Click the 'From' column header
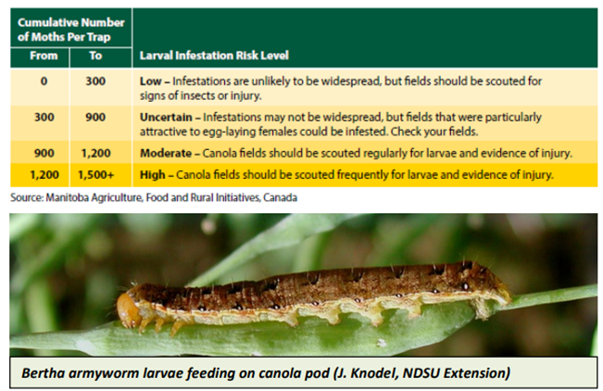tap(44, 56)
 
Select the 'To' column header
tap(95, 56)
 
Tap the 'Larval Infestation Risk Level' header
tap(214, 56)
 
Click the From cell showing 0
tap(44, 82)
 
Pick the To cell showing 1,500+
tap(96, 175)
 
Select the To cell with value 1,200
tap(96, 153)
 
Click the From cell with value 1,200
tap(44, 175)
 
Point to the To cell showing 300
tap(95, 82)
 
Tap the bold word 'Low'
tap(150, 82)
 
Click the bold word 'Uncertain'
tap(166, 117)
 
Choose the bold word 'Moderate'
tap(166, 153)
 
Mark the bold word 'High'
tap(152, 175)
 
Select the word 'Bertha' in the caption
tap(43, 372)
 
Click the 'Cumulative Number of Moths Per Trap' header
tap(71, 30)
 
